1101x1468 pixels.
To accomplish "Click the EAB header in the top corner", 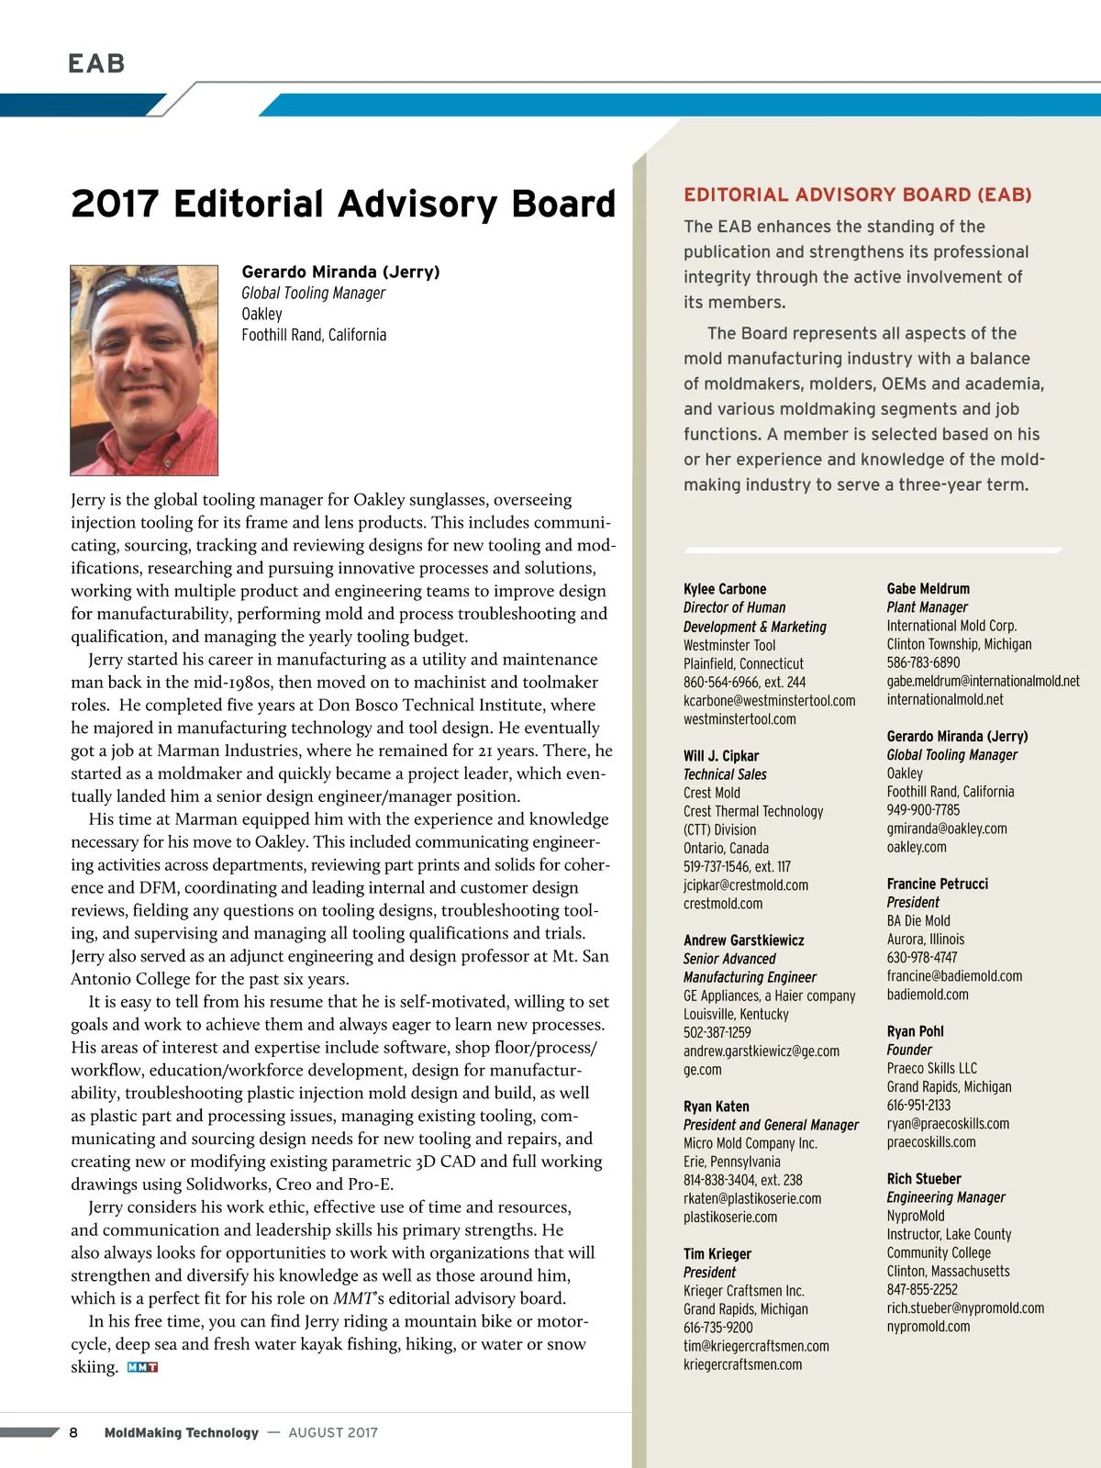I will pos(96,63).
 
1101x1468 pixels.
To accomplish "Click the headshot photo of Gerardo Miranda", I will pos(144,370).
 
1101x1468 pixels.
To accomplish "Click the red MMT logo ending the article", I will pos(142,1367).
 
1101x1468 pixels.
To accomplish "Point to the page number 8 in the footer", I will pos(73,1432).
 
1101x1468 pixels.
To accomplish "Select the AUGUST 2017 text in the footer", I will pos(333,1432).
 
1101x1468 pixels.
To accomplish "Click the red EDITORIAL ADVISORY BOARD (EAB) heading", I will pos(858,195).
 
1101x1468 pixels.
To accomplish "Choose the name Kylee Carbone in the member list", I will pos(725,589).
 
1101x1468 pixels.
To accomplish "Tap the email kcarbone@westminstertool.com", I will pos(769,700).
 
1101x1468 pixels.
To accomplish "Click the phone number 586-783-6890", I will pos(923,662).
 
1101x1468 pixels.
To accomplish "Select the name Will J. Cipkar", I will pos(721,756).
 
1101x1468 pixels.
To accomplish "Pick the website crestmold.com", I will pos(723,904).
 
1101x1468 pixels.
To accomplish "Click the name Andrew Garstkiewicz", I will pos(743,940).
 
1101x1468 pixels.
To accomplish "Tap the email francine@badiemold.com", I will pos(954,976).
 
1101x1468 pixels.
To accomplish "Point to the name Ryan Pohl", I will pos(915,1031).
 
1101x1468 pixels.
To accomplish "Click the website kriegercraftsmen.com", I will pos(742,1364).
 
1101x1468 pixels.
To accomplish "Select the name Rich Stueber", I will pos(924,1179).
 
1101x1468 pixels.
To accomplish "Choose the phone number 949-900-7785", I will pos(923,810).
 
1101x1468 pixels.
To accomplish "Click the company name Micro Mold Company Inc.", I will pos(750,1143).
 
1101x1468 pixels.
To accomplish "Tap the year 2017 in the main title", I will pos(115,204).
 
